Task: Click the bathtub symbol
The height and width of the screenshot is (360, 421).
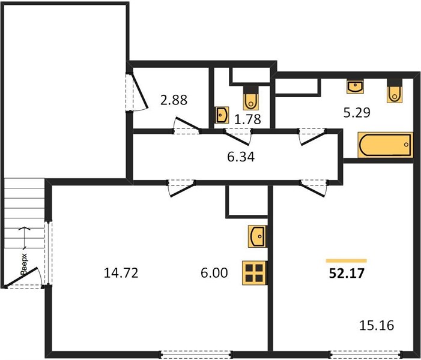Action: tap(386, 145)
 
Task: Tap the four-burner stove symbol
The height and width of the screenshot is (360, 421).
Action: tap(254, 273)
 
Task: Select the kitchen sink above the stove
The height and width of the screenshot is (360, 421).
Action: tap(257, 236)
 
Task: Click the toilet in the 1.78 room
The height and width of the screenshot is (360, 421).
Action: tap(251, 98)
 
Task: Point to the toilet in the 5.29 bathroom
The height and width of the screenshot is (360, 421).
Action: tap(395, 91)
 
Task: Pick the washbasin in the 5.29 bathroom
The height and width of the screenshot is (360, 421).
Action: tap(355, 86)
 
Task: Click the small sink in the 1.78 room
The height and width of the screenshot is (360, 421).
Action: tap(222, 115)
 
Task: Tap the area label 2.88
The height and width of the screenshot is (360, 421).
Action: tap(174, 100)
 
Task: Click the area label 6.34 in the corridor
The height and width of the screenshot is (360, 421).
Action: tap(241, 157)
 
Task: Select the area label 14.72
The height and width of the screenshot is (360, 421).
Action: tap(121, 273)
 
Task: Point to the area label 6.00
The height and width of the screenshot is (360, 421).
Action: tap(214, 273)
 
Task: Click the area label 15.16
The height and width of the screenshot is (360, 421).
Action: tap(377, 325)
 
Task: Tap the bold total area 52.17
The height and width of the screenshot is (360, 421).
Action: tap(347, 274)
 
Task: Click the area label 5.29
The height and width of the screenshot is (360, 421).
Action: tap(357, 113)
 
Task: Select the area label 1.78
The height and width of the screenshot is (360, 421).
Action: tap(247, 119)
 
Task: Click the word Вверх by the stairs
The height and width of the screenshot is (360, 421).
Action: tap(24, 263)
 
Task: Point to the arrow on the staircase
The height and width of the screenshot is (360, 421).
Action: tap(25, 238)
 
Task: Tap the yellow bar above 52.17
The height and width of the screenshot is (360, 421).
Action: tap(347, 261)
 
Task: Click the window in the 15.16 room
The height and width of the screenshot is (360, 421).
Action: tap(365, 354)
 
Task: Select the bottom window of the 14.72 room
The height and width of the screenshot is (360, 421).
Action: tap(196, 354)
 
